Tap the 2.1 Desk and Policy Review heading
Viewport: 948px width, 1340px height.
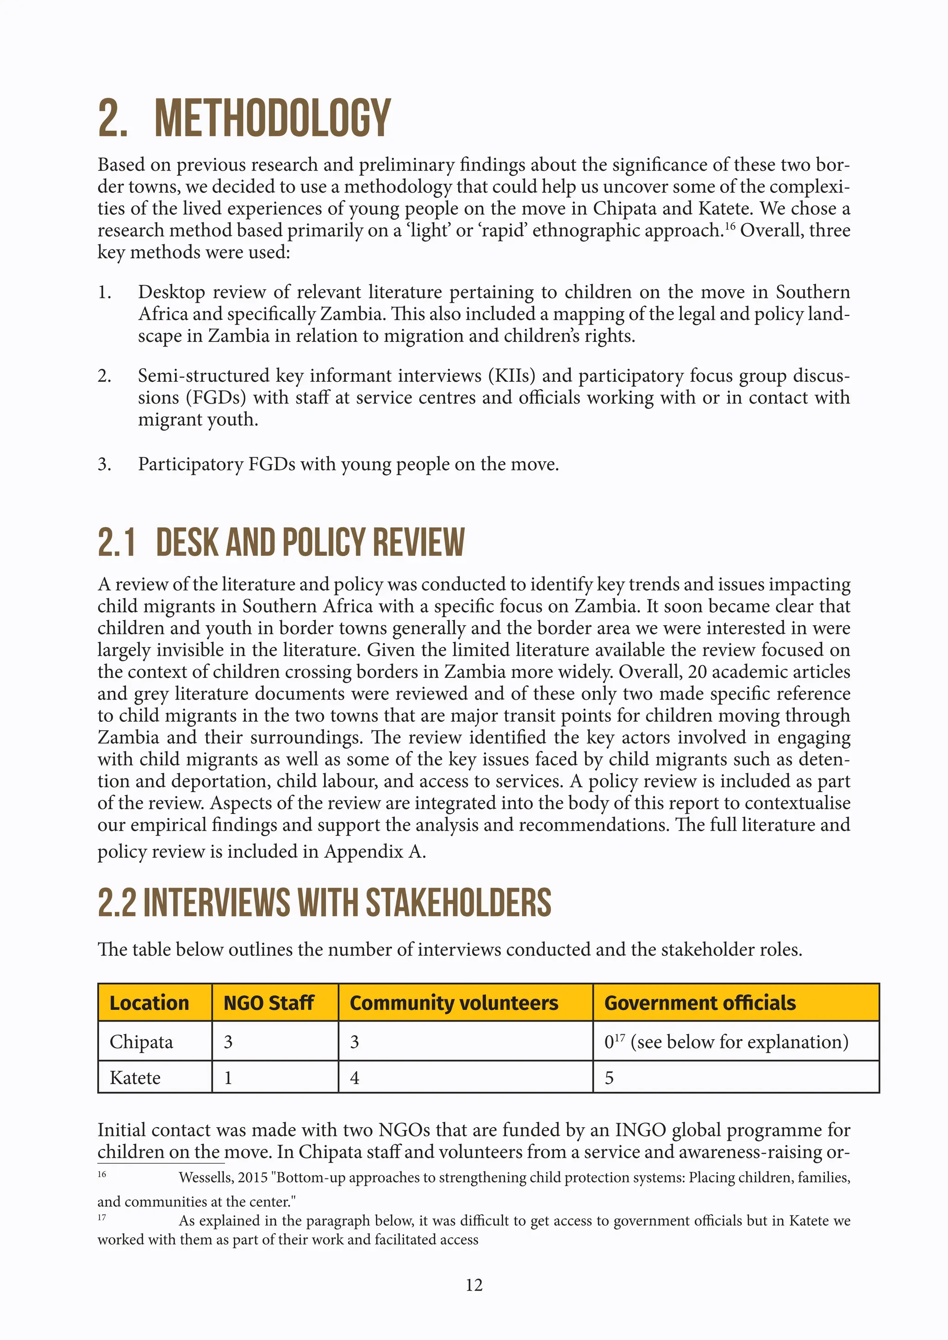pyautogui.click(x=281, y=542)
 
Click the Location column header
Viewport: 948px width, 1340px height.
pyautogui.click(x=150, y=1003)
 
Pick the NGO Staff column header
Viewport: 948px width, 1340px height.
pyautogui.click(x=268, y=1003)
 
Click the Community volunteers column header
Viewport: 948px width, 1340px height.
pyautogui.click(x=454, y=1003)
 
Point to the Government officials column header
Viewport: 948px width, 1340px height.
pyautogui.click(x=699, y=1003)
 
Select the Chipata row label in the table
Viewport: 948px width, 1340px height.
pyautogui.click(x=141, y=1042)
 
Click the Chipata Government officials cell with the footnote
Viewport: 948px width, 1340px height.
pyautogui.click(x=726, y=1042)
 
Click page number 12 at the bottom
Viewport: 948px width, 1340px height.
pyautogui.click(x=474, y=1284)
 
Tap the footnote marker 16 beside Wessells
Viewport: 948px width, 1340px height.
pyautogui.click(x=102, y=1174)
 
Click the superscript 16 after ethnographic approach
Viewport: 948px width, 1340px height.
pyautogui.click(x=730, y=226)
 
